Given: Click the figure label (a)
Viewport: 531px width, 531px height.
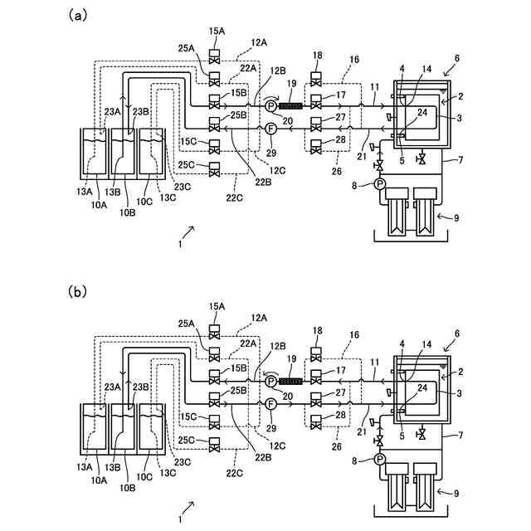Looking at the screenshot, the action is click(x=77, y=16).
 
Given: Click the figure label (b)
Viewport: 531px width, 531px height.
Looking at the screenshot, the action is click(x=77, y=291).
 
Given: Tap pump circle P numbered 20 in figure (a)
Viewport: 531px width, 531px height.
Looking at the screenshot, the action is click(x=270, y=106).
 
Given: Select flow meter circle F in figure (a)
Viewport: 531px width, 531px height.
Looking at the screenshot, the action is click(x=270, y=129).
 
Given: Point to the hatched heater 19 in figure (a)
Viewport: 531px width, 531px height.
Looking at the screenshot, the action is click(x=290, y=106).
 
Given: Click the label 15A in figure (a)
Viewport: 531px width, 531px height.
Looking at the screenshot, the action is click(x=217, y=32).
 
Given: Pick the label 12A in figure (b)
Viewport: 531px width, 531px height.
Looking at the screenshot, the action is click(x=259, y=318).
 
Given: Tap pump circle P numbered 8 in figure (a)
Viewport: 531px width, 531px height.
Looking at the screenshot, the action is click(x=380, y=184).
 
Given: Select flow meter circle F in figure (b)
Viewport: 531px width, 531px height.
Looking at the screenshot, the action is click(x=270, y=404).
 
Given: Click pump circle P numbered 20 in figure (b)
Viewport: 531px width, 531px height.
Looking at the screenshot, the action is click(x=270, y=382).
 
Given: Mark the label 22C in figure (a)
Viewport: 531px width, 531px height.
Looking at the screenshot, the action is click(x=235, y=197).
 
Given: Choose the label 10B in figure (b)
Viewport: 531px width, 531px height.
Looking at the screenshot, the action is click(x=127, y=488).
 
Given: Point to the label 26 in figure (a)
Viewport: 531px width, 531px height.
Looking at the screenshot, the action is click(x=337, y=172).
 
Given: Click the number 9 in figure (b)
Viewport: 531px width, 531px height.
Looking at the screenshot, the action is click(x=456, y=494).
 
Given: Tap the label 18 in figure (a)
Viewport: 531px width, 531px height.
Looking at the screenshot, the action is click(x=317, y=56).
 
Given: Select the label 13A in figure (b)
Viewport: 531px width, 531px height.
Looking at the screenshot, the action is click(x=85, y=467).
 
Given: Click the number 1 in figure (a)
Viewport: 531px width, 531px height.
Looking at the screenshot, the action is click(x=180, y=244).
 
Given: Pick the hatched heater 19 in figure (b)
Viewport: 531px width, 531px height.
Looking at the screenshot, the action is click(x=290, y=382).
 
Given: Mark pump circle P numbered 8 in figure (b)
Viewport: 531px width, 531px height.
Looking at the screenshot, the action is click(x=380, y=460).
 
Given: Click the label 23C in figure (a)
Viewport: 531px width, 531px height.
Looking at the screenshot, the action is click(x=183, y=187).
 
